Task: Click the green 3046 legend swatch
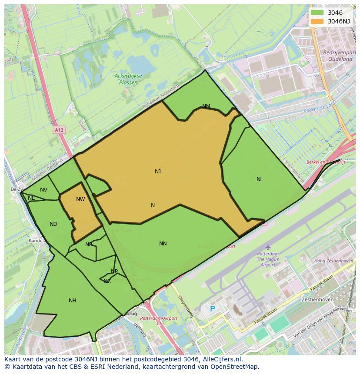coord(317,13)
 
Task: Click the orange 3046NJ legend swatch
coord(317,21)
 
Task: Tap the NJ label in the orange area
coord(158,172)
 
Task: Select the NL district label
coord(260,179)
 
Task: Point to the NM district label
coord(206,106)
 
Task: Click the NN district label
coord(163,244)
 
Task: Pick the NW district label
coord(80,199)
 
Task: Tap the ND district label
coord(53,224)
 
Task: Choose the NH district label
coord(73,301)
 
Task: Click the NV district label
coord(43,190)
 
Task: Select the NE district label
coord(31,198)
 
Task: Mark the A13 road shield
coord(59,130)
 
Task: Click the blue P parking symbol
coord(213,309)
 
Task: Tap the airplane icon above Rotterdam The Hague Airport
coord(268,247)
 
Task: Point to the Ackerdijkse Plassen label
coord(128,79)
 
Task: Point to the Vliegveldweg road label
coord(185,307)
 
